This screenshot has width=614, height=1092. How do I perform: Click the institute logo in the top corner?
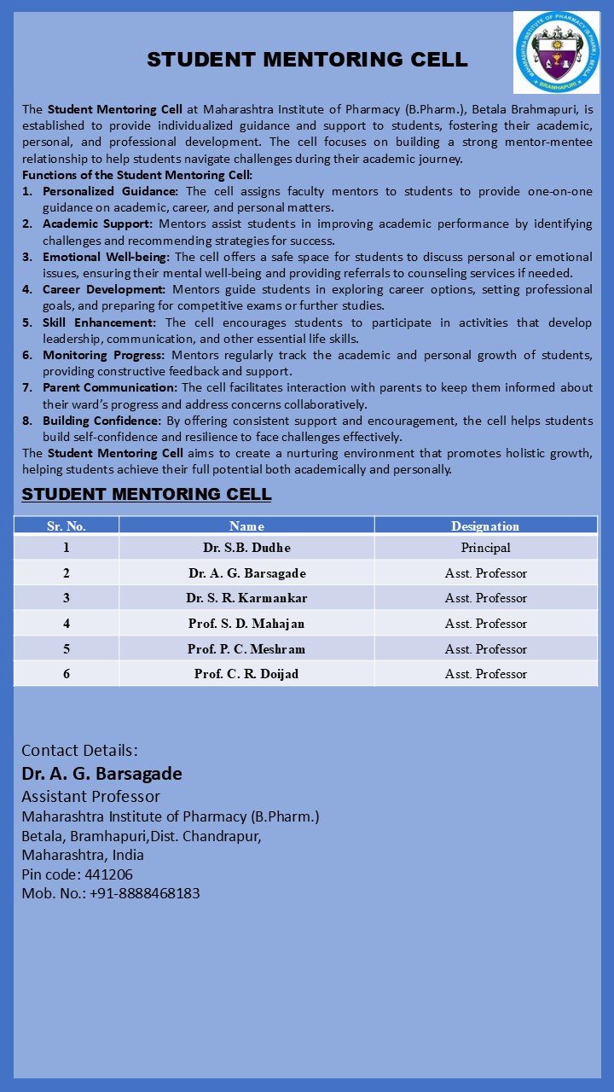tap(556, 52)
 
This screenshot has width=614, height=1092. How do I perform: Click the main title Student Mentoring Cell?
tap(307, 60)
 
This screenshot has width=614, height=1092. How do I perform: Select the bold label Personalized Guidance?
tap(111, 192)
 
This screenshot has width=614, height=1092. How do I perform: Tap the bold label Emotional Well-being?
tap(107, 257)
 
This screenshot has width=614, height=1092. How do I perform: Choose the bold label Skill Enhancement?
tap(100, 322)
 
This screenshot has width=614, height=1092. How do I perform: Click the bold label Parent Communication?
tap(110, 388)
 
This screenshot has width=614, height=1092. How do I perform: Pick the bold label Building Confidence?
tap(102, 421)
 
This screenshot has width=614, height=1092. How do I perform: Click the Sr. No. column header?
tap(67, 526)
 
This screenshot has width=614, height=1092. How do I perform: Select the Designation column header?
tap(485, 526)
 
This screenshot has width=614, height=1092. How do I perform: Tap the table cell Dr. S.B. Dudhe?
tap(246, 548)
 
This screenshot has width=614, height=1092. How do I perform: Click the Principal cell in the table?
tap(485, 548)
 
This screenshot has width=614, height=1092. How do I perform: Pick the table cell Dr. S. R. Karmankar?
tap(246, 598)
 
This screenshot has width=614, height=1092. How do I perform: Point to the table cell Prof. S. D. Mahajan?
tap(246, 624)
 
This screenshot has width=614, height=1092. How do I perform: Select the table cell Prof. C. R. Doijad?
tap(246, 674)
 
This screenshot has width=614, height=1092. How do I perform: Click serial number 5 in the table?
tap(67, 649)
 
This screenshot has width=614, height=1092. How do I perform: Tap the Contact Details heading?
tap(79, 751)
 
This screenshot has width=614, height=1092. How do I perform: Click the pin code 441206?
tap(108, 874)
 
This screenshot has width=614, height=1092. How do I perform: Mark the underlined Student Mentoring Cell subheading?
tap(147, 494)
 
